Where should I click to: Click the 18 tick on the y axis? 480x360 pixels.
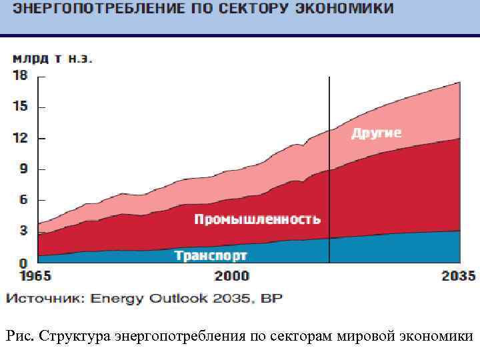21,76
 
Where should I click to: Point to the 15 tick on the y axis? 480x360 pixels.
21,107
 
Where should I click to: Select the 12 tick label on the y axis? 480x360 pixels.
21,138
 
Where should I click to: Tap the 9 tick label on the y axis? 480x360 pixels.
23,169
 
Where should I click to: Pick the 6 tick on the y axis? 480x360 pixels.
23,200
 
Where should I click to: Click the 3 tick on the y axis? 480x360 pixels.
23,231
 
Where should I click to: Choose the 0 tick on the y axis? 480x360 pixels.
23,264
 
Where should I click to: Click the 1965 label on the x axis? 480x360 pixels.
30,276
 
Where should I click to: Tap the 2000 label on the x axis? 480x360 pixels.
232,276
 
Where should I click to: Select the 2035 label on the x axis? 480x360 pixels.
459,276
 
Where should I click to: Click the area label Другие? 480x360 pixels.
377,133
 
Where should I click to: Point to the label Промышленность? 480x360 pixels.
257,219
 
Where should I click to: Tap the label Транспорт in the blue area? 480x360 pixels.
211,255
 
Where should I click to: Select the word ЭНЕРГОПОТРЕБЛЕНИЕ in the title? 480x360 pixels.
91,9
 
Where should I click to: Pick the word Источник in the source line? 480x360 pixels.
45,298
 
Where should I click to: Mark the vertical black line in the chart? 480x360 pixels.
329,167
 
